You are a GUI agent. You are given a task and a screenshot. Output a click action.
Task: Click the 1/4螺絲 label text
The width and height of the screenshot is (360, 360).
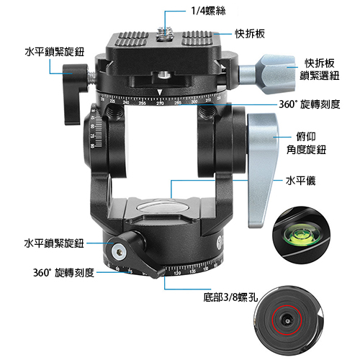click(208, 11)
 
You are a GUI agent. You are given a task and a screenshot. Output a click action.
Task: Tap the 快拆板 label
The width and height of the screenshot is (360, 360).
click(250, 34)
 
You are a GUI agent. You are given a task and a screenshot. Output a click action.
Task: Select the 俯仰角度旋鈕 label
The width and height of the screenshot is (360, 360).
click(306, 143)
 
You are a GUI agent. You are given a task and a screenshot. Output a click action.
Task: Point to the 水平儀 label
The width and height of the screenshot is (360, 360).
click(300, 181)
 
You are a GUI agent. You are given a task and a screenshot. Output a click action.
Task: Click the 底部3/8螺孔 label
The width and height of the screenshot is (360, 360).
click(230, 297)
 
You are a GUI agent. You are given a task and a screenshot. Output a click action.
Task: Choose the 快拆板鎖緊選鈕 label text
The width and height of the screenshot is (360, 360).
click(320, 69)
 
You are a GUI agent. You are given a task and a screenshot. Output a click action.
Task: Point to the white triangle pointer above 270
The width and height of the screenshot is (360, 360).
click(160, 93)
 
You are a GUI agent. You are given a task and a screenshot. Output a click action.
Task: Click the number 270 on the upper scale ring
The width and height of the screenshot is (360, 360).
click(160, 104)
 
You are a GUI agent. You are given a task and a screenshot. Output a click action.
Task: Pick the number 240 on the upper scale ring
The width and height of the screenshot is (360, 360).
click(126, 103)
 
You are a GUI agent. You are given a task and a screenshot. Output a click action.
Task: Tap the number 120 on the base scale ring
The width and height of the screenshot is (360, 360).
click(177, 274)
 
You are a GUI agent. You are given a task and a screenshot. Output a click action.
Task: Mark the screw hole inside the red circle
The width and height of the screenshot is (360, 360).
click(287, 320)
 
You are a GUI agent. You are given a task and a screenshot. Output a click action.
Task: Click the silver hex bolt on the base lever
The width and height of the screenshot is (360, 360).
click(119, 251)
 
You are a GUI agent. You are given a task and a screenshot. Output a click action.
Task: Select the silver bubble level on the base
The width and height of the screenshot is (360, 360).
click(161, 207)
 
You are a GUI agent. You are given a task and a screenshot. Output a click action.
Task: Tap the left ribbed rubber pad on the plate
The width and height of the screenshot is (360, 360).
click(132, 39)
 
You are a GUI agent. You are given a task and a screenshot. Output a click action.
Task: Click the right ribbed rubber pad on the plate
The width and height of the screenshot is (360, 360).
click(197, 38)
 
